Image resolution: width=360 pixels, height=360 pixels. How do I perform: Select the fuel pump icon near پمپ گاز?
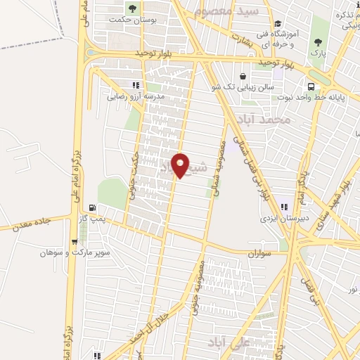click(92, 208)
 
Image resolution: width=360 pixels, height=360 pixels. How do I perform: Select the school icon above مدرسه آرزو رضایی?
click(136, 84)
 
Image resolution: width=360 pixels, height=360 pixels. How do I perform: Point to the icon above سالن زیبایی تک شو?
click(243, 76)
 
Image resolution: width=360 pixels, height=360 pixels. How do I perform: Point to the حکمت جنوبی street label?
click(137, 172)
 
